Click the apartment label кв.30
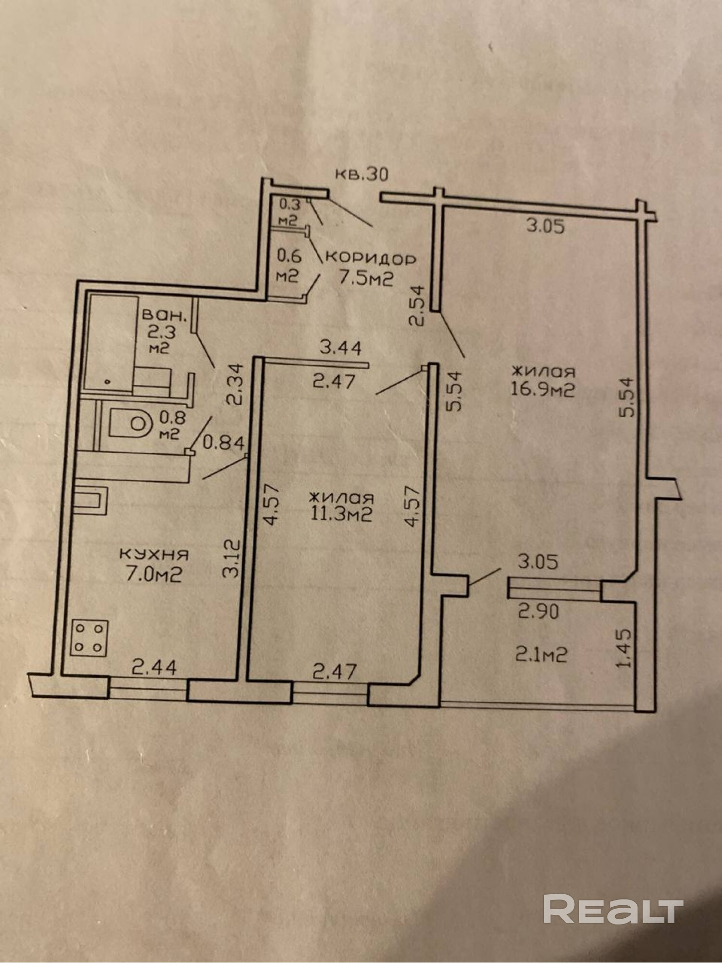point(361,174)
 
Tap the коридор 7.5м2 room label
point(370,269)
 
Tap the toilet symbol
point(129,424)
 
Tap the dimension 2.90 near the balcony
point(538,612)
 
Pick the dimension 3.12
point(232,558)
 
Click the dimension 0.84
point(223,442)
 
